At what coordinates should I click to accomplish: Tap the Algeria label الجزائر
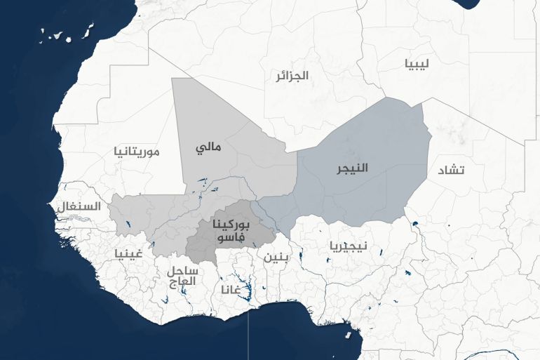tap(292, 75)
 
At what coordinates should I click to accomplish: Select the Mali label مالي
tap(208, 148)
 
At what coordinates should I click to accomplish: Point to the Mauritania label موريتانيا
tap(137, 151)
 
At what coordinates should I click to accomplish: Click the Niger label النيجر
tap(351, 168)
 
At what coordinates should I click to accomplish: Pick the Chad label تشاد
tap(451, 171)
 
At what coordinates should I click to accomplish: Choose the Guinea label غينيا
tap(128, 253)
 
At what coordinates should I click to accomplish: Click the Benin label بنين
tap(276, 256)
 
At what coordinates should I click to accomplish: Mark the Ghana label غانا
tap(231, 289)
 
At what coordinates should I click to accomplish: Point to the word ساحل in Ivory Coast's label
tap(183, 270)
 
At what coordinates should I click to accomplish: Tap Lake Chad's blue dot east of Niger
tap(415, 225)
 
